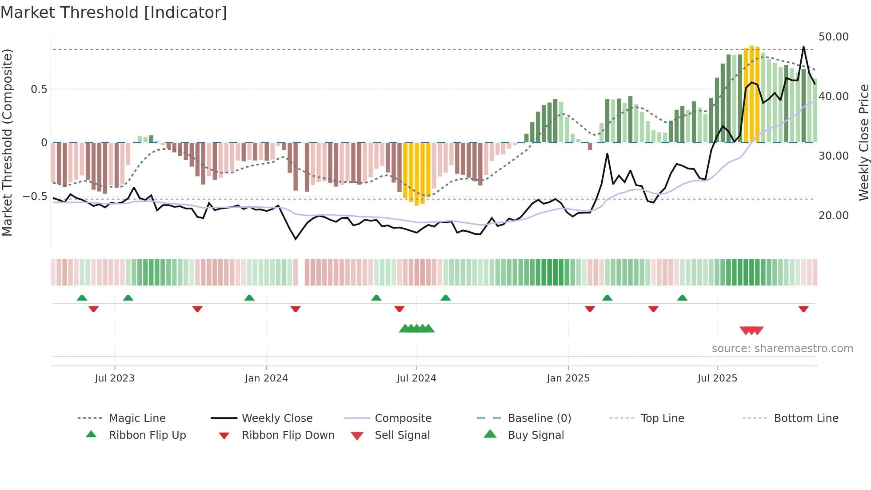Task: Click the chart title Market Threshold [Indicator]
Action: (x=114, y=12)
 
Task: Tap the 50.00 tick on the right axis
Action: (x=833, y=37)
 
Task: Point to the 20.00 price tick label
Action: (x=833, y=216)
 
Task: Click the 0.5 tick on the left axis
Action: (x=39, y=89)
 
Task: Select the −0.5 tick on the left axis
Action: (x=35, y=197)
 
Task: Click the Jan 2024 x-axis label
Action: (x=266, y=378)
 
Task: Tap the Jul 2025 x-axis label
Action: (x=717, y=378)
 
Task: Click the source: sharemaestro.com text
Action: (x=782, y=349)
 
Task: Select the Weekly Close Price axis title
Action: (x=863, y=142)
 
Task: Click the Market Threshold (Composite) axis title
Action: (x=7, y=142)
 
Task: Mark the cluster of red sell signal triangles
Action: (x=751, y=330)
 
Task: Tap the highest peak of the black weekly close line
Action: (x=803, y=47)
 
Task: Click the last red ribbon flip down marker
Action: (x=803, y=309)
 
